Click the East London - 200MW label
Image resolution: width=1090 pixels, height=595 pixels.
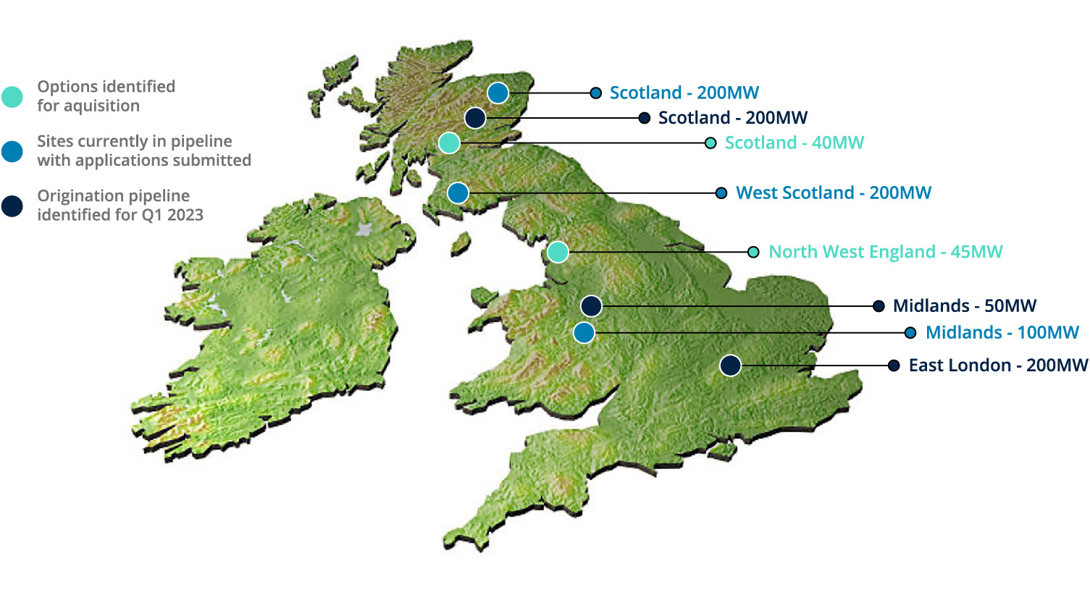click(998, 366)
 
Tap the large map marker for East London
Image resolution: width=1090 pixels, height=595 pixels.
click(730, 366)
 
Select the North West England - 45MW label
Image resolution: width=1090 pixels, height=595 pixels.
click(885, 252)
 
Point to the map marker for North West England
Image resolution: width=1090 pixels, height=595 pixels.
click(557, 252)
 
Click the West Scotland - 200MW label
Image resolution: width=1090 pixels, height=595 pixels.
click(833, 193)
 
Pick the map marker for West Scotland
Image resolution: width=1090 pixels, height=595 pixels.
click(458, 193)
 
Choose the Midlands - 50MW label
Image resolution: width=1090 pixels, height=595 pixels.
click(964, 306)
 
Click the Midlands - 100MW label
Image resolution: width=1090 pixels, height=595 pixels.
click(1002, 333)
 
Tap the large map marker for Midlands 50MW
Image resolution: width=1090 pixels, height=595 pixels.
click(591, 306)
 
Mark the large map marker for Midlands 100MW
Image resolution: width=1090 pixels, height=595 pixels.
click(584, 333)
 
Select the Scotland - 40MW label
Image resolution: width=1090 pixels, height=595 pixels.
click(794, 143)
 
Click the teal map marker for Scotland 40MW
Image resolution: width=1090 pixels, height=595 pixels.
click(449, 143)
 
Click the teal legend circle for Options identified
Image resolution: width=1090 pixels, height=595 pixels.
click(12, 97)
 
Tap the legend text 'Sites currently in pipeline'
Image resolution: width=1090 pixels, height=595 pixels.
click(135, 141)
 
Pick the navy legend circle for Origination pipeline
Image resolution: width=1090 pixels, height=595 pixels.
click(12, 206)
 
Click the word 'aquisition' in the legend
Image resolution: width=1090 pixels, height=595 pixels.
click(101, 106)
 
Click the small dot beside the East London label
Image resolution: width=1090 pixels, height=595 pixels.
click(894, 366)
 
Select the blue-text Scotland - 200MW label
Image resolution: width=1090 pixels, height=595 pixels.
click(684, 93)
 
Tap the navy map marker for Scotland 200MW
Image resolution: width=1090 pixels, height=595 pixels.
click(475, 118)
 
